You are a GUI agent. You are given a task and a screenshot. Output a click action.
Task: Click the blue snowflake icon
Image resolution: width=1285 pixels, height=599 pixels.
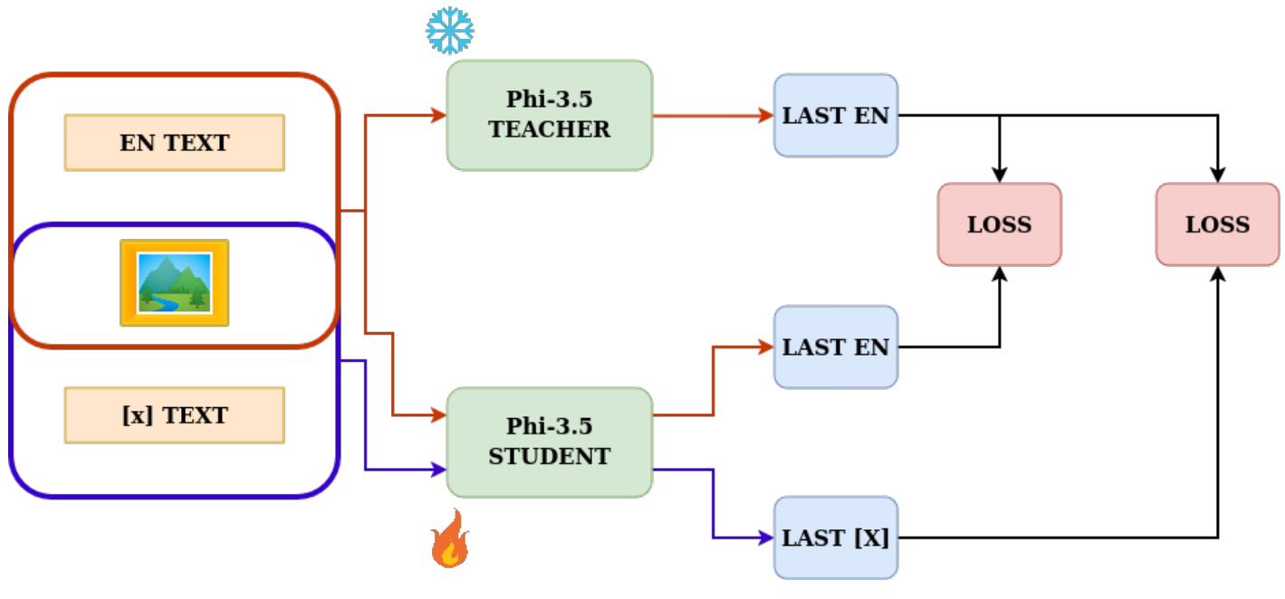click(450, 31)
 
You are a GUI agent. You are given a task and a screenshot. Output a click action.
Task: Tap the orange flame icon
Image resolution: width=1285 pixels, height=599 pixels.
click(450, 538)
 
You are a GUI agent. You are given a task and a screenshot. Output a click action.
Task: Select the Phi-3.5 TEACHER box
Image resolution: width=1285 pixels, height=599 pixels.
click(550, 115)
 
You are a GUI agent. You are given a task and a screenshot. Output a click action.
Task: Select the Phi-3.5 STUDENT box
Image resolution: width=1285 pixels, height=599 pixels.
click(550, 442)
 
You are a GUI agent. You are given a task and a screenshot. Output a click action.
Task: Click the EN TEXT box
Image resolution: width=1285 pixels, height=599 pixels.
click(175, 143)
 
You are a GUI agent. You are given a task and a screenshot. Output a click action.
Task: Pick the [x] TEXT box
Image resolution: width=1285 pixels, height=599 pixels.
click(175, 415)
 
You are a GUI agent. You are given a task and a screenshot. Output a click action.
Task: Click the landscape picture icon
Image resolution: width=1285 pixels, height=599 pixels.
click(175, 282)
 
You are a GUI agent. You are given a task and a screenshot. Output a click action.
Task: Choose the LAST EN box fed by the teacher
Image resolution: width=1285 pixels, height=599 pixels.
click(836, 115)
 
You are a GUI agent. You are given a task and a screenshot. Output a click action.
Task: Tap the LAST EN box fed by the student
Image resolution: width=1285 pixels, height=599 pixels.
click(836, 347)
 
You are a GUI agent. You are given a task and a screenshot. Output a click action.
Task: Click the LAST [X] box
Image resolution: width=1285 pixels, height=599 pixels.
click(836, 537)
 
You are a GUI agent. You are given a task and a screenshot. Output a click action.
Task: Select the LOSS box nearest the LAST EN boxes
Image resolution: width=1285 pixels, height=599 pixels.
click(1000, 224)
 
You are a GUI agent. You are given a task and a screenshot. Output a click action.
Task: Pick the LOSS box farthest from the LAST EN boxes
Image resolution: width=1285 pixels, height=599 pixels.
click(1217, 224)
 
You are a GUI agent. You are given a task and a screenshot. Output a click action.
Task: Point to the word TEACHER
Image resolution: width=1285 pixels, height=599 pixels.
click(550, 129)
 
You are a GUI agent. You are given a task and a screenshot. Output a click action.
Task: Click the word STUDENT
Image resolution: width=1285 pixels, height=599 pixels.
click(550, 456)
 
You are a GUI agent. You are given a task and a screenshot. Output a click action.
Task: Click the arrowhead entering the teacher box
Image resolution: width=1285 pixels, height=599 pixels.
click(439, 115)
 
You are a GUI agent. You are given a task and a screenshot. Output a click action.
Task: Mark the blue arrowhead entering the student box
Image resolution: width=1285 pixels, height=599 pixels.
click(439, 470)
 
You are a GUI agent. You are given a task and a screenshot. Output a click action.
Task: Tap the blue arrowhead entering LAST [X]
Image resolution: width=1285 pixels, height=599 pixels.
click(766, 537)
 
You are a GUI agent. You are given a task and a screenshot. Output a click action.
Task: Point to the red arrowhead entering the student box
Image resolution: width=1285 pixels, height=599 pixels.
click(439, 415)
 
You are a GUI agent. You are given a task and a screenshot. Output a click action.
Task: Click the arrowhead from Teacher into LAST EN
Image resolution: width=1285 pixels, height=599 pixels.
click(766, 115)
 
